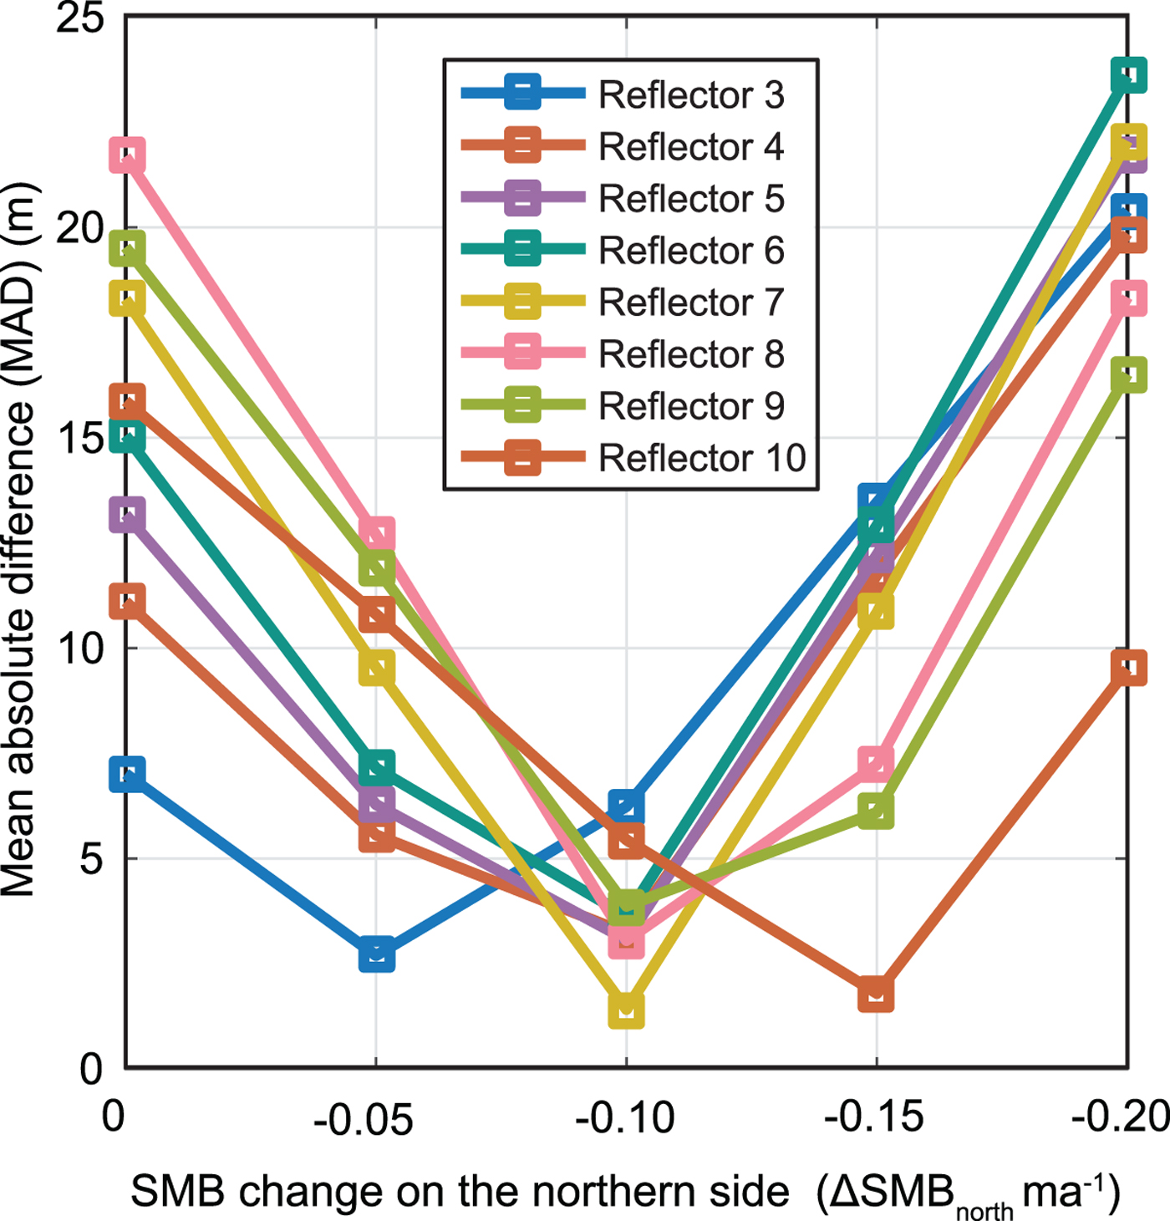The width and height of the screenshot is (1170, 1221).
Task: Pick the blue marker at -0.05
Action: coord(377,954)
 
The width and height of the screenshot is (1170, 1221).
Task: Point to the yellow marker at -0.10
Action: coord(626,1010)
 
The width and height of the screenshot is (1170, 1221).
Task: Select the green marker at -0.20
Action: coord(1128,374)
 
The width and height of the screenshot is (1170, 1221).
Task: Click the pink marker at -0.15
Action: coord(876,764)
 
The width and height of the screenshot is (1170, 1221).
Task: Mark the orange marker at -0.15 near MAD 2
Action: coord(876,994)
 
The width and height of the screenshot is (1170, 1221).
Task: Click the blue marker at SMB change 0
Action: coord(127,774)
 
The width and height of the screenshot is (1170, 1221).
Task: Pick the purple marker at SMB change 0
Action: coord(127,515)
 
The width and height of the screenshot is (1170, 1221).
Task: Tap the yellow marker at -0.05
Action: coord(377,669)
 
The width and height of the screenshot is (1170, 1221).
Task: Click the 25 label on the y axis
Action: coord(79,18)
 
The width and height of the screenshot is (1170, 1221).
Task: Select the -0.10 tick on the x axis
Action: coord(625,1117)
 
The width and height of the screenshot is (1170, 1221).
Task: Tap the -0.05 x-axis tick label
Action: coord(364,1117)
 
